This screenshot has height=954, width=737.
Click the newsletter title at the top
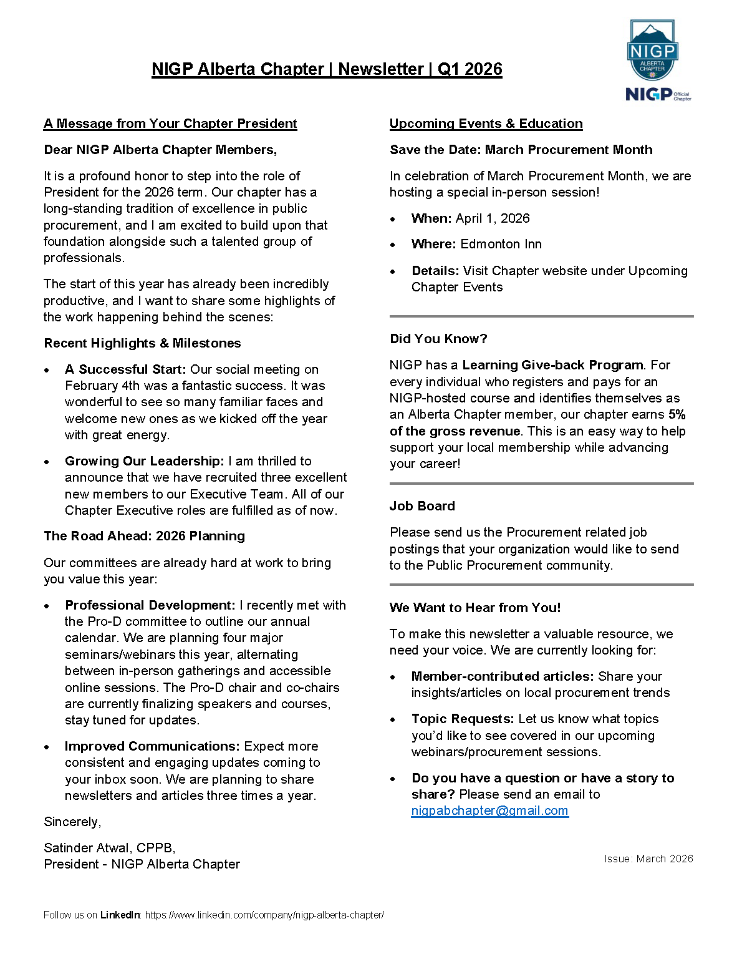pyautogui.click(x=327, y=69)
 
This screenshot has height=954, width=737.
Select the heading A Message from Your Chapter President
pyautogui.click(x=170, y=124)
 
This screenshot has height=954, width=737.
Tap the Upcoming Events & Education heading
pyautogui.click(x=486, y=124)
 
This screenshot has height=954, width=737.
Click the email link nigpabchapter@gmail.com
pyautogui.click(x=489, y=810)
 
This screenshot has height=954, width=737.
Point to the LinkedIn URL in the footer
pyautogui.click(x=264, y=915)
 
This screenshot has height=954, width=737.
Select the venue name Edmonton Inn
pyautogui.click(x=501, y=244)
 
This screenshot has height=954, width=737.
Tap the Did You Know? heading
pyautogui.click(x=438, y=339)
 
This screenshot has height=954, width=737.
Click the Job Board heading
pyautogui.click(x=422, y=506)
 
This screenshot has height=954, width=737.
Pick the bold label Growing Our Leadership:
pyautogui.click(x=144, y=461)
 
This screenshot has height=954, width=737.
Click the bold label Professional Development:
pyautogui.click(x=150, y=605)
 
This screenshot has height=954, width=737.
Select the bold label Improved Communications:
pyautogui.click(x=152, y=746)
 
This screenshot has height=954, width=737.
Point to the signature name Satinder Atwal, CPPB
pyautogui.click(x=109, y=848)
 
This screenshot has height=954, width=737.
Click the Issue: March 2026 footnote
pyautogui.click(x=648, y=859)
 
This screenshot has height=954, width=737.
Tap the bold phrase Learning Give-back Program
pyautogui.click(x=552, y=365)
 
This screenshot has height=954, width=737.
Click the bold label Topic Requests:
pyautogui.click(x=462, y=719)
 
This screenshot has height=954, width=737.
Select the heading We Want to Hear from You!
pyautogui.click(x=475, y=608)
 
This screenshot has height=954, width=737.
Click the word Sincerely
pyautogui.click(x=72, y=822)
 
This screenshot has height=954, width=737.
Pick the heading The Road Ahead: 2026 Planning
pyautogui.click(x=144, y=536)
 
